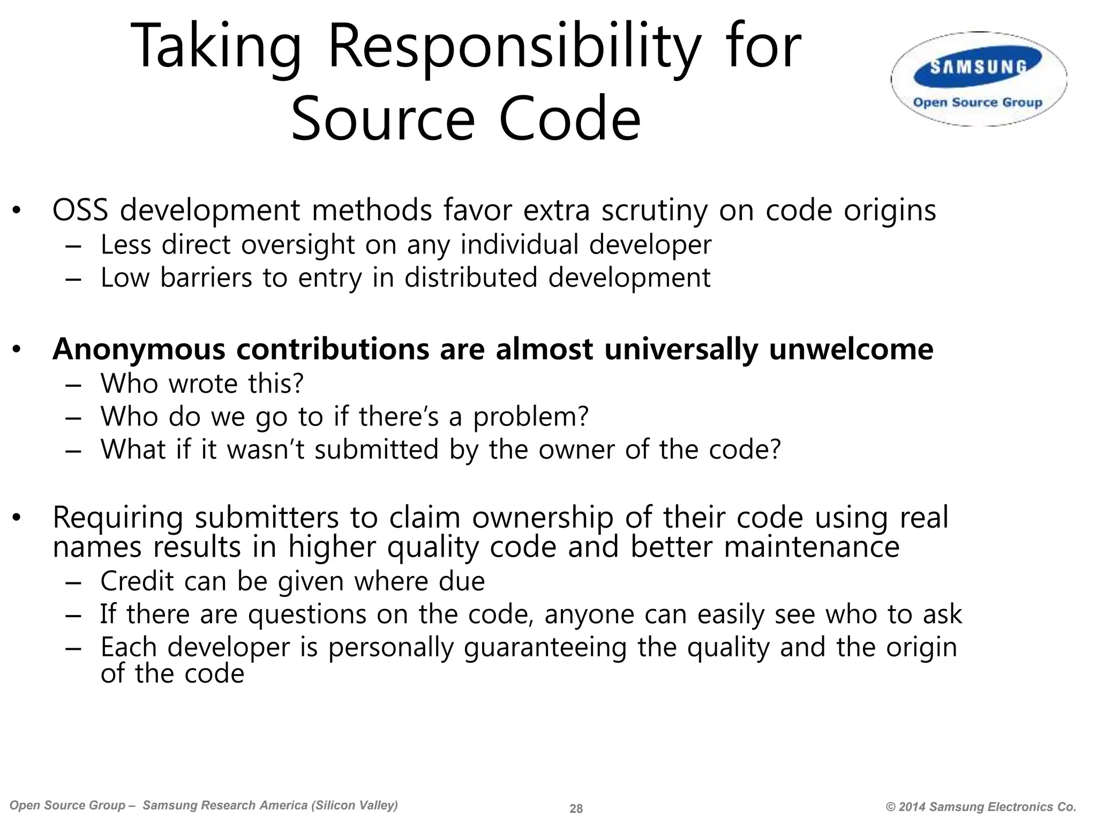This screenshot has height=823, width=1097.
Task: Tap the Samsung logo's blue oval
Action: point(979,68)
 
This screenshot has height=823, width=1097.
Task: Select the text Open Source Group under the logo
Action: point(978,102)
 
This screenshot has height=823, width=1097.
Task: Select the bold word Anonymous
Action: point(139,349)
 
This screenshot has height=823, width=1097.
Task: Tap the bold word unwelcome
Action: point(851,349)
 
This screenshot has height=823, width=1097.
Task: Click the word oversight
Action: point(297,245)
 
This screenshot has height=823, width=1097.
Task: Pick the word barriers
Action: point(206,278)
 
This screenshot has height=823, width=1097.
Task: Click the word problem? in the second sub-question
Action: point(531,416)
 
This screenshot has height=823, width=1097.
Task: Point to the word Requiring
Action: point(118,518)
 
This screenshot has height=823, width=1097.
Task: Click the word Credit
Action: point(137,581)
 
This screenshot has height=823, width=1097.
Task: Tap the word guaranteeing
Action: point(545,648)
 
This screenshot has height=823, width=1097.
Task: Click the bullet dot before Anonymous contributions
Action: point(17,350)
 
